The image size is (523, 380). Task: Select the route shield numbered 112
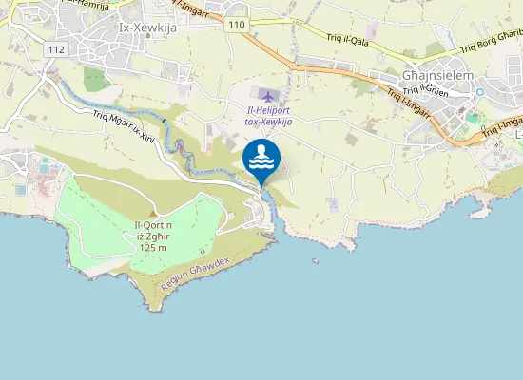point(57,48)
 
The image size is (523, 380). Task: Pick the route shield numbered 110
point(237,25)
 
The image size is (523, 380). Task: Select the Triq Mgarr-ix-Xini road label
point(125,129)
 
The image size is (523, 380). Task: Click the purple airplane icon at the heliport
point(269,96)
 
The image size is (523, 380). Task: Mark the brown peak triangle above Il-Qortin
point(153,213)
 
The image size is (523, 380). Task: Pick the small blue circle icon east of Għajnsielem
point(480,92)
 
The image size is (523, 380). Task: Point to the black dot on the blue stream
point(165,121)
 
